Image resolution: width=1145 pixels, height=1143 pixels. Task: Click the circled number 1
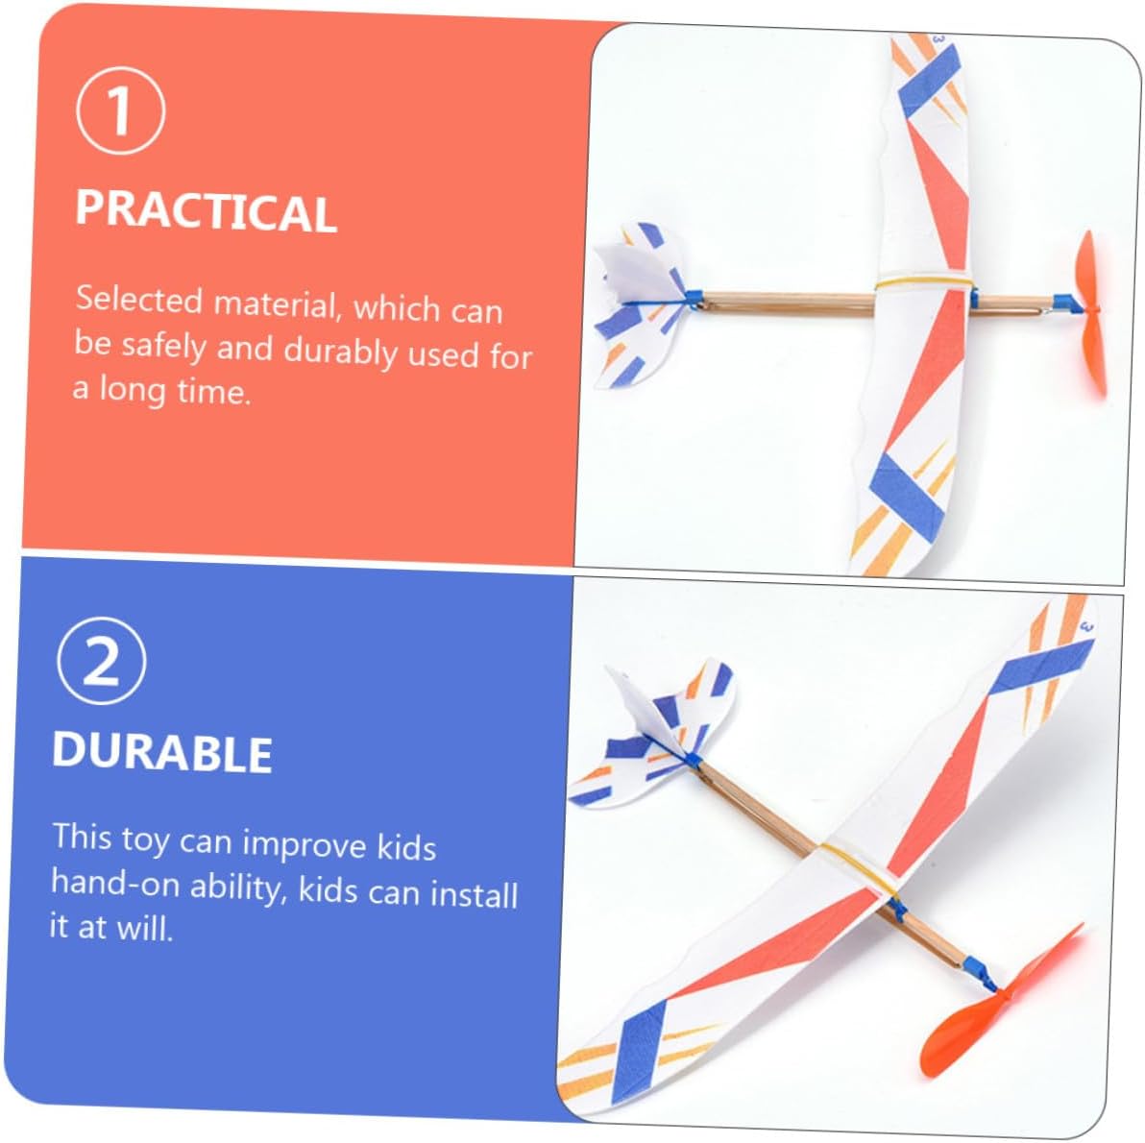click(120, 110)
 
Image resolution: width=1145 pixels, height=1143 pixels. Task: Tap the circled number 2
click(102, 660)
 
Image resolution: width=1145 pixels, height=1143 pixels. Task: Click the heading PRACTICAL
click(206, 211)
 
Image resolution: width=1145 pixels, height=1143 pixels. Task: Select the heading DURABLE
click(162, 752)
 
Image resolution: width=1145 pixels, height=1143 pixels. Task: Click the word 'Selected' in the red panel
click(138, 300)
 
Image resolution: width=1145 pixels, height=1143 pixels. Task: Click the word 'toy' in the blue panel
click(145, 839)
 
